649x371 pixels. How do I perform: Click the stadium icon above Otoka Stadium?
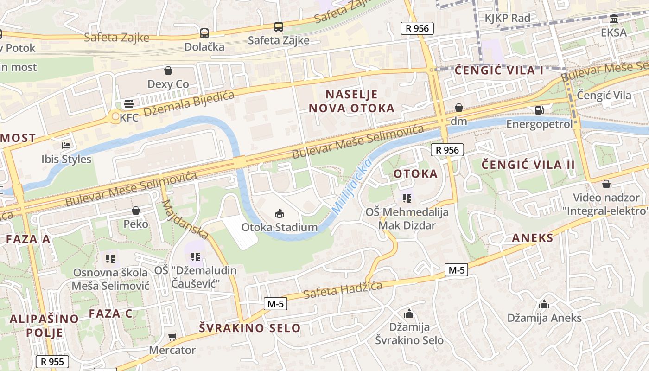click(279, 213)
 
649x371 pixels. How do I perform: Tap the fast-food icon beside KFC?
click(128, 103)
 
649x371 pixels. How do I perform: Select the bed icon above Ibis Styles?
click(66, 145)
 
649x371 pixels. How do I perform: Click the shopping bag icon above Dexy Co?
click(168, 70)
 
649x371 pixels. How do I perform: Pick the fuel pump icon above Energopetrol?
click(539, 110)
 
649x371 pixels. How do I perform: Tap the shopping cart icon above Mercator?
click(172, 337)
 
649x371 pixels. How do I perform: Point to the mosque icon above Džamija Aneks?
click(544, 304)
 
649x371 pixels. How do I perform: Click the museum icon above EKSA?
click(614, 19)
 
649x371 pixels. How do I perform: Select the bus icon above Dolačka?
click(204, 33)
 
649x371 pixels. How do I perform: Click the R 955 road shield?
click(52, 362)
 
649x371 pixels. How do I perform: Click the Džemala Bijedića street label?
click(189, 103)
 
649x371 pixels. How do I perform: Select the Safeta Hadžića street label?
click(343, 289)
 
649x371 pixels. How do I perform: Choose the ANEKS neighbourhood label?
click(533, 238)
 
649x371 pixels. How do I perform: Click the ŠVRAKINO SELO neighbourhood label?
click(250, 328)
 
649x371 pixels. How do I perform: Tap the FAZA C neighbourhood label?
click(110, 313)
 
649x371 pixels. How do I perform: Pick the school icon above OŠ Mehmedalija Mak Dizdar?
click(407, 199)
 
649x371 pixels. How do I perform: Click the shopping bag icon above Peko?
click(136, 211)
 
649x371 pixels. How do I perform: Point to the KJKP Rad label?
click(507, 19)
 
